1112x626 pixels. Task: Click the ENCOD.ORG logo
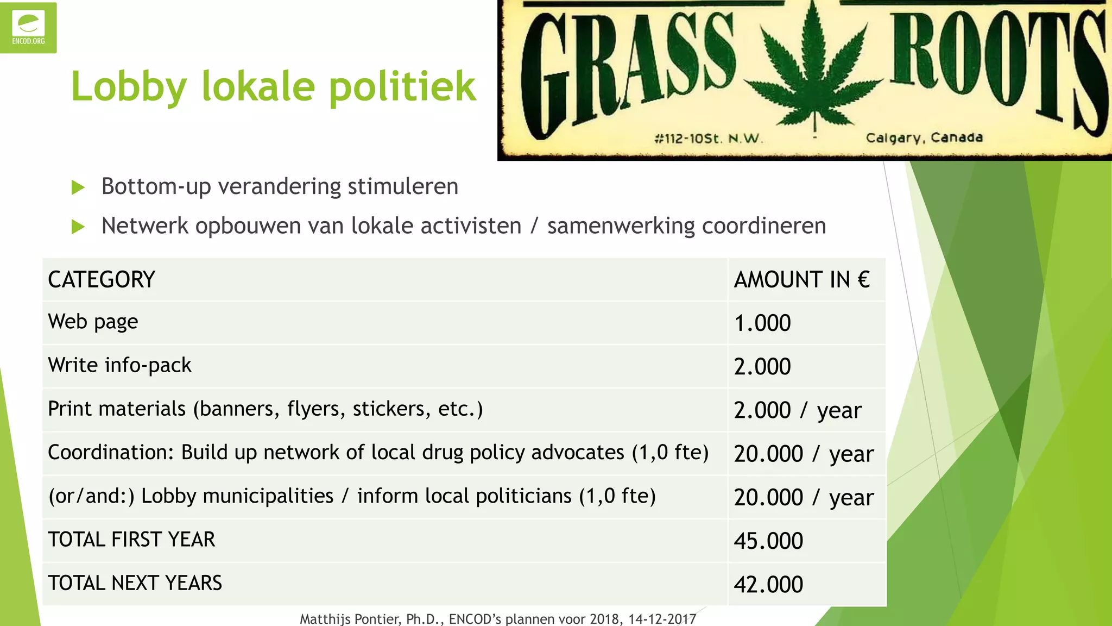pos(28,28)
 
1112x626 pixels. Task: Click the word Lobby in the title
pos(129,87)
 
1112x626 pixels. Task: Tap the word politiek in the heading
pos(402,87)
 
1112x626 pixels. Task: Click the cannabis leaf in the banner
pos(813,71)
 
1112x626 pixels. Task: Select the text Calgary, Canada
pos(924,137)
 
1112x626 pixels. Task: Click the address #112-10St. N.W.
pos(709,139)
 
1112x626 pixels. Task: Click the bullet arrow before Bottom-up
pos(78,188)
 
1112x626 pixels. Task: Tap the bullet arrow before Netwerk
pos(78,227)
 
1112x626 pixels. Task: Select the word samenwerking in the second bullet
pos(620,226)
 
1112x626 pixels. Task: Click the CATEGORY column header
pos(102,280)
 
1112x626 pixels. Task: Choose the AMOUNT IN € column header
pos(801,280)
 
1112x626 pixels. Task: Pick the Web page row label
pos(93,322)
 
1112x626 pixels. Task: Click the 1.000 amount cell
pos(762,323)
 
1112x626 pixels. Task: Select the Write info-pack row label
pos(119,366)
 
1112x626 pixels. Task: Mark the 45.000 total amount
pos(768,541)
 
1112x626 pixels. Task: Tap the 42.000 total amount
pos(768,585)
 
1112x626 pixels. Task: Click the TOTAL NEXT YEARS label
pos(135,583)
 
